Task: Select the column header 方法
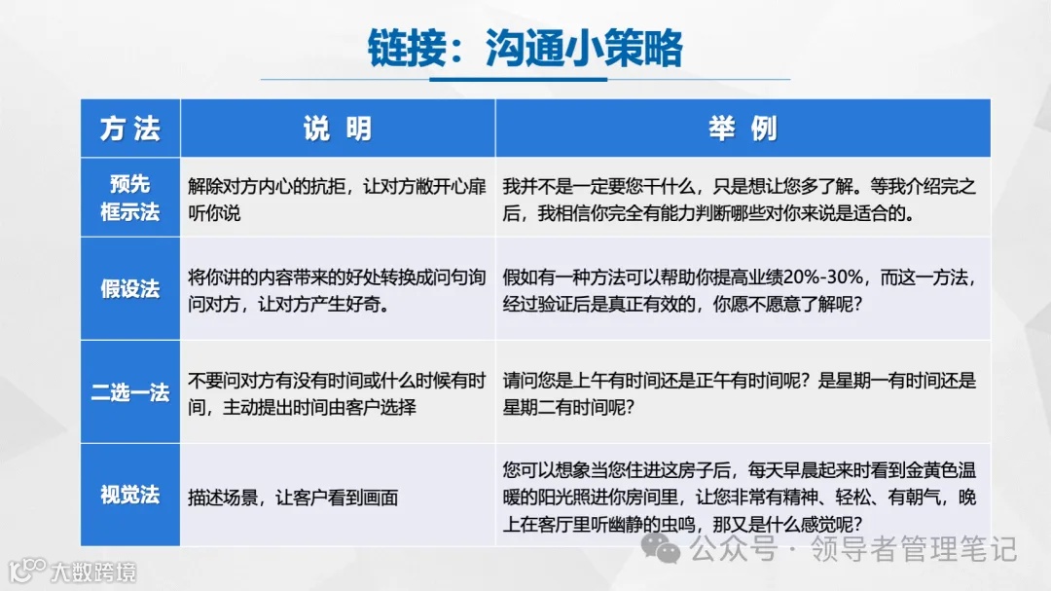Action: pyautogui.click(x=129, y=129)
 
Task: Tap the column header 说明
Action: pyautogui.click(x=337, y=129)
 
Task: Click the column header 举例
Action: pyautogui.click(x=743, y=129)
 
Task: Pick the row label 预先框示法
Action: pyautogui.click(x=129, y=198)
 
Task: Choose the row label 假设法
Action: pyautogui.click(x=129, y=289)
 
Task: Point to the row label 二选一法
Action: pyautogui.click(x=129, y=393)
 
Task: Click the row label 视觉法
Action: pyautogui.click(x=129, y=495)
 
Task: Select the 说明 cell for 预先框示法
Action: pyautogui.click(x=337, y=199)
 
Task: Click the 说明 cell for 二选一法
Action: pyautogui.click(x=337, y=393)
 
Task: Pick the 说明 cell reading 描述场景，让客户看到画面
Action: pyautogui.click(x=293, y=498)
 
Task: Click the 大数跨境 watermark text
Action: pyautogui.click(x=93, y=571)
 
